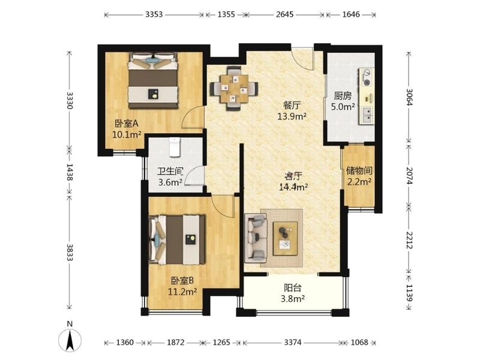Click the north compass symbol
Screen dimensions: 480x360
[x=70, y=340]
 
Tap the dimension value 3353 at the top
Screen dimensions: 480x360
[x=154, y=14]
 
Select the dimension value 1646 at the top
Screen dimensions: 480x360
[x=351, y=14]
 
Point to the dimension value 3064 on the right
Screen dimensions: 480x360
[x=409, y=97]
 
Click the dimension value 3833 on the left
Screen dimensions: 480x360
[x=70, y=252]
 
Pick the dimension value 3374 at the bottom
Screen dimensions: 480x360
[x=293, y=342]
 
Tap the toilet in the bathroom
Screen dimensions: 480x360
[x=175, y=147]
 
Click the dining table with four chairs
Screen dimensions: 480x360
[x=234, y=88]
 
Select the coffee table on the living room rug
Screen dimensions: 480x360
[x=286, y=238]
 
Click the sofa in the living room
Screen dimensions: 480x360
[x=256, y=238]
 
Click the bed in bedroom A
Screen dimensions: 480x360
[x=153, y=80]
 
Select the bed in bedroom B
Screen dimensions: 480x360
[x=177, y=240]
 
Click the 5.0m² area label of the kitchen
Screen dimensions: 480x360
[x=343, y=107]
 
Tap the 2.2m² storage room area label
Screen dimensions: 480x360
[x=359, y=182]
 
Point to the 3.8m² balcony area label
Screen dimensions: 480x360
[x=293, y=298]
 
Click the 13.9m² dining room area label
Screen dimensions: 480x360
[x=292, y=116]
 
